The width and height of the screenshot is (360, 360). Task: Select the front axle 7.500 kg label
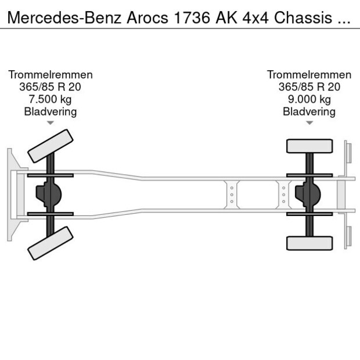(x=51, y=99)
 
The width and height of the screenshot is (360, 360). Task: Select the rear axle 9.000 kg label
(x=309, y=99)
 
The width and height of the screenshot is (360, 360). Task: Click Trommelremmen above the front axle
(x=51, y=75)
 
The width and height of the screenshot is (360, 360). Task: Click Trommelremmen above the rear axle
(x=309, y=75)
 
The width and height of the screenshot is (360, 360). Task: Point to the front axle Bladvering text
(x=51, y=111)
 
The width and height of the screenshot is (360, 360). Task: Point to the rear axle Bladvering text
(x=309, y=111)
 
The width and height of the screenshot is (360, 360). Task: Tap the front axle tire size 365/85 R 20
(x=51, y=87)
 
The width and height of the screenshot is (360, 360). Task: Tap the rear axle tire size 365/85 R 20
(x=309, y=87)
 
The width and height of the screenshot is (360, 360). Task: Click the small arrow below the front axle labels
(x=51, y=123)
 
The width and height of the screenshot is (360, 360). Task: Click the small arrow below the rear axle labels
(x=309, y=123)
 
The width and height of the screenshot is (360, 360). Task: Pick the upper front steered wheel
(x=51, y=145)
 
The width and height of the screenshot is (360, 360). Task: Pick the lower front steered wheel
(x=51, y=242)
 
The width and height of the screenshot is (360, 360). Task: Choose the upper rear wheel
(x=309, y=145)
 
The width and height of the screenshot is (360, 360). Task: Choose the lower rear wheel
(x=309, y=243)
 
